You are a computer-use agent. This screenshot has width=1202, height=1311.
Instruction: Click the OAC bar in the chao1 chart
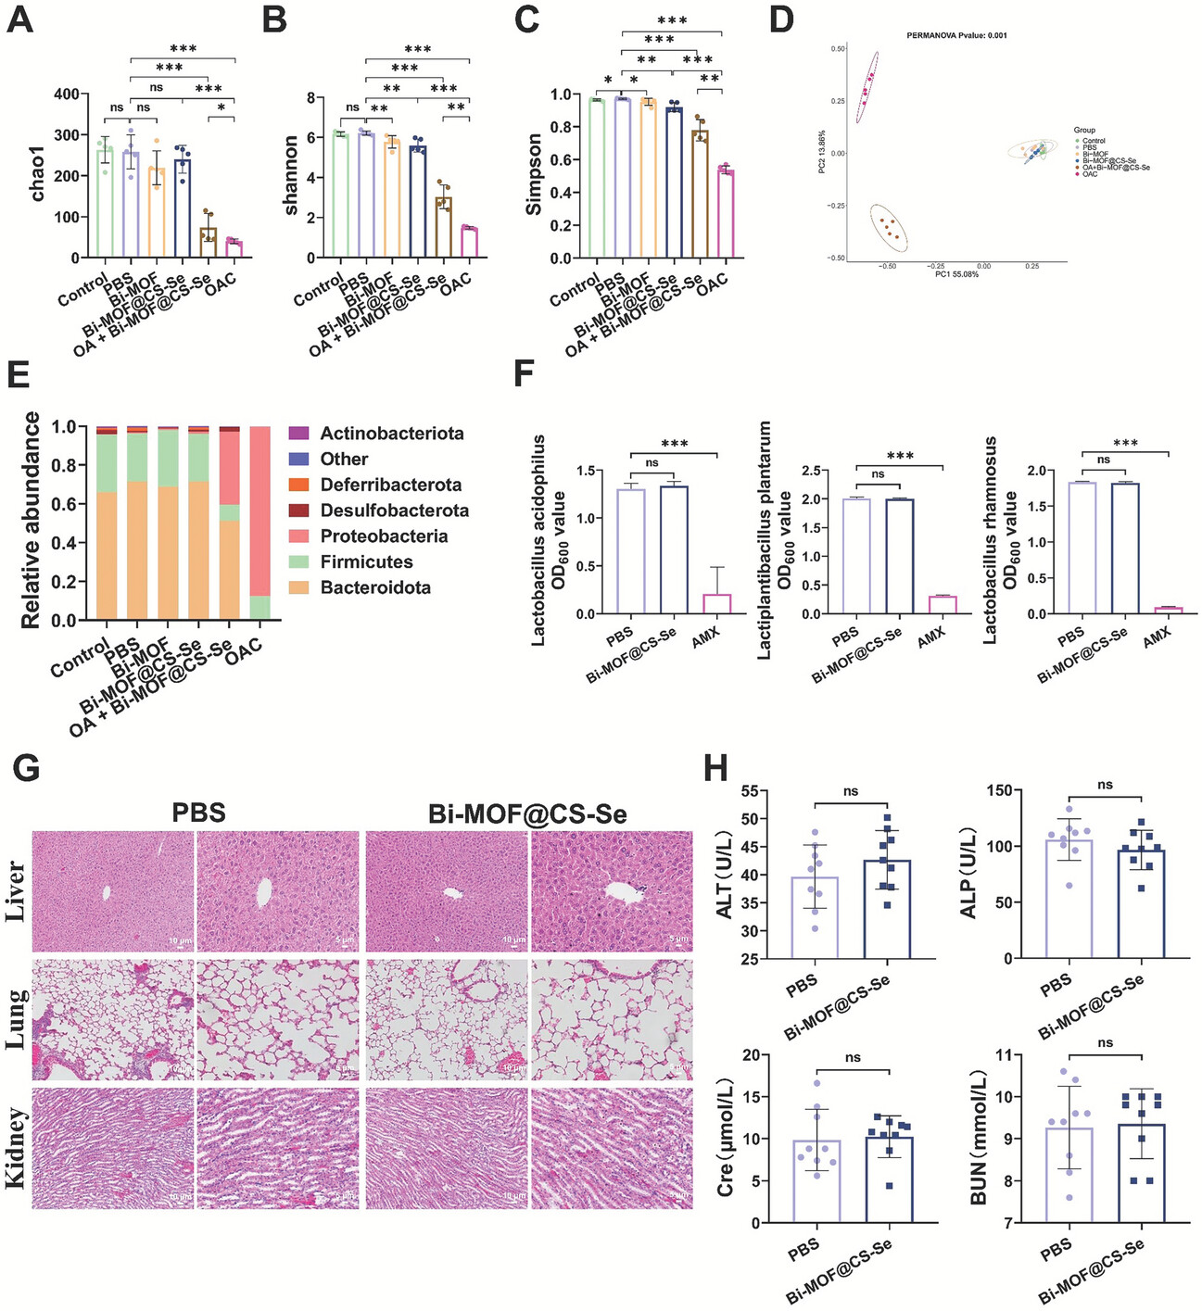coord(234,248)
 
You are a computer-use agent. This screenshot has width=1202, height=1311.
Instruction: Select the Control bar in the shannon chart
coord(341,195)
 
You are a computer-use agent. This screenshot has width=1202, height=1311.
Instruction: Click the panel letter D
coord(780,20)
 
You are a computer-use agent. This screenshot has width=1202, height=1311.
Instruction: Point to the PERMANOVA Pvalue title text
coord(956,35)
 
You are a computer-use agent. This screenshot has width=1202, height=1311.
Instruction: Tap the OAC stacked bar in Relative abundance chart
coord(260,523)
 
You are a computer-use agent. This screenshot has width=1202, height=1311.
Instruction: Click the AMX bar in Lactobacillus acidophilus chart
coord(716,603)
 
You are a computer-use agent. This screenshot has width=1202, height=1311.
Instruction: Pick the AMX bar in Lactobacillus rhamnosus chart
coord(1168,611)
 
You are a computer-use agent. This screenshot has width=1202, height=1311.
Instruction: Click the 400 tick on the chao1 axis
coord(66,95)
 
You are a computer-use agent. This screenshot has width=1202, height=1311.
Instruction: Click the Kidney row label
coord(16,1147)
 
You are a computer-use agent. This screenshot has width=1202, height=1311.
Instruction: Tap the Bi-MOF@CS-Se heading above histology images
coord(527,814)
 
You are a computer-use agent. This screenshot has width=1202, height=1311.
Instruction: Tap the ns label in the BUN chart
coord(1105,1042)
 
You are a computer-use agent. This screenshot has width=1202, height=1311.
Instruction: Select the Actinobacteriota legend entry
coord(391,434)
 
